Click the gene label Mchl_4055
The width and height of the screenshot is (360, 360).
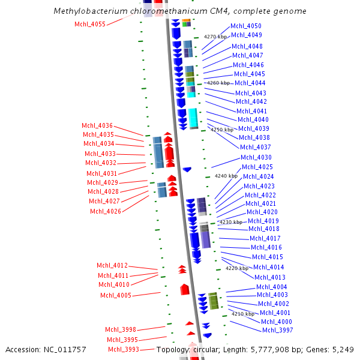tap(89, 24)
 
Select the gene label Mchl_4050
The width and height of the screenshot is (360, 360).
tap(246, 26)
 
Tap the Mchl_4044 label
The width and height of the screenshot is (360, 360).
tap(250, 83)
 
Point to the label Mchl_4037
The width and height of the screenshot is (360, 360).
tap(255, 147)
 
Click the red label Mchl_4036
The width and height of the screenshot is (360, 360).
tap(97, 125)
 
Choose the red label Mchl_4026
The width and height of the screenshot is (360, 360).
tap(106, 211)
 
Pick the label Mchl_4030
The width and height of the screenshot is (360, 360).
tap(256, 157)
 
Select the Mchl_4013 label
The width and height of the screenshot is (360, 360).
tap(270, 277)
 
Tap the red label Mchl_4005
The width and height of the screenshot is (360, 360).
tap(115, 295)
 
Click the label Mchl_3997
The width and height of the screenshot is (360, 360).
tap(277, 330)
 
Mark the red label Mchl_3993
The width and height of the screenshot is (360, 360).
tap(123, 349)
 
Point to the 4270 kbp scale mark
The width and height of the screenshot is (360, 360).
tap(214, 37)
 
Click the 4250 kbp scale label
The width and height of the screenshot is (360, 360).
tap(221, 130)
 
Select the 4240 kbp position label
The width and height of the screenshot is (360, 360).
tap(226, 176)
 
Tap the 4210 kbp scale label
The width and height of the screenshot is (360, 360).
tap(243, 314)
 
